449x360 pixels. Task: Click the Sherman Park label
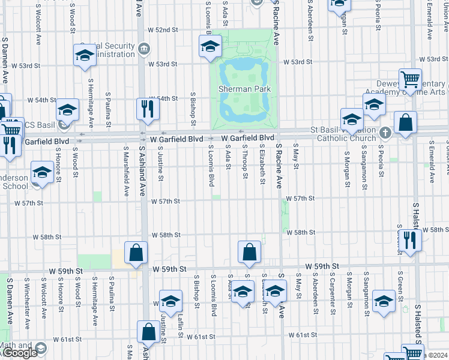point(244,89)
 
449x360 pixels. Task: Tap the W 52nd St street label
point(163,29)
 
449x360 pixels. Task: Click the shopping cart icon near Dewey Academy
point(411,79)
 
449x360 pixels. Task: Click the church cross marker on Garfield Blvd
point(385,131)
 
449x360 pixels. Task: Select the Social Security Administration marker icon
point(143,49)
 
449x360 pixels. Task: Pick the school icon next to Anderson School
point(41,173)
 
